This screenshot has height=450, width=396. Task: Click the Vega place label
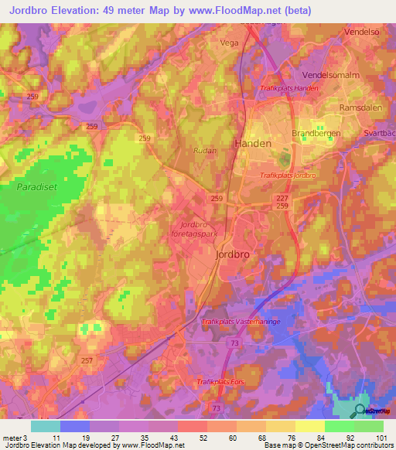coord(229,43)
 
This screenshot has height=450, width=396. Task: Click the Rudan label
coord(205,152)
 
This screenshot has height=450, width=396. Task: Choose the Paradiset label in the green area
coord(36,186)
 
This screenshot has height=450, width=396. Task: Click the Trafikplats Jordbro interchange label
coord(288,176)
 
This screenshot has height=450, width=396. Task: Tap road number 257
coord(87,361)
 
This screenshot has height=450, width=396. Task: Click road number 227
coord(282,199)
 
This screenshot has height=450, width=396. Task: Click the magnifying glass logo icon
coord(360,411)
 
